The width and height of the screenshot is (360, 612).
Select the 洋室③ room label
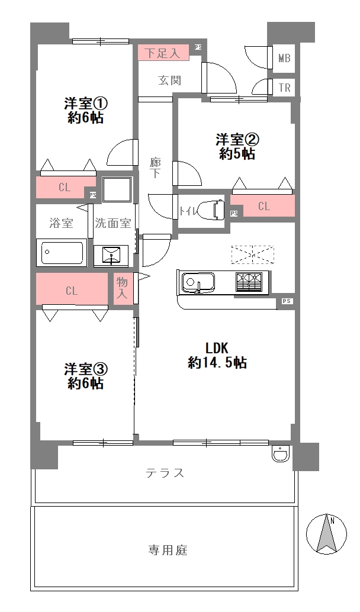[x=86, y=376]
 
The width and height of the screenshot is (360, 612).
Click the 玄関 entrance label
[x=169, y=80]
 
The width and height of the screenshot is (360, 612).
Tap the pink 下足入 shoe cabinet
[x=164, y=53]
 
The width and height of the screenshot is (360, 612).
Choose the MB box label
[x=284, y=59]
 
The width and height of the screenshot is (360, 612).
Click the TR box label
[x=284, y=88]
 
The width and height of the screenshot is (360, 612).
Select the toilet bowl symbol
[x=211, y=210]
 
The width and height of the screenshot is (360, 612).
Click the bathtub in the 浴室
[x=62, y=253]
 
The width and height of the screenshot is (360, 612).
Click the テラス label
[x=165, y=473]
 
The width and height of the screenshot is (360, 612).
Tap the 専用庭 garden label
[x=168, y=550]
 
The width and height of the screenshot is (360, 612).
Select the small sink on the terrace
[x=279, y=453]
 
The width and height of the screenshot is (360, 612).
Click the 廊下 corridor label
[x=156, y=168]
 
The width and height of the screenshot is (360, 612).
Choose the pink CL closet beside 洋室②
[x=264, y=207]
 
